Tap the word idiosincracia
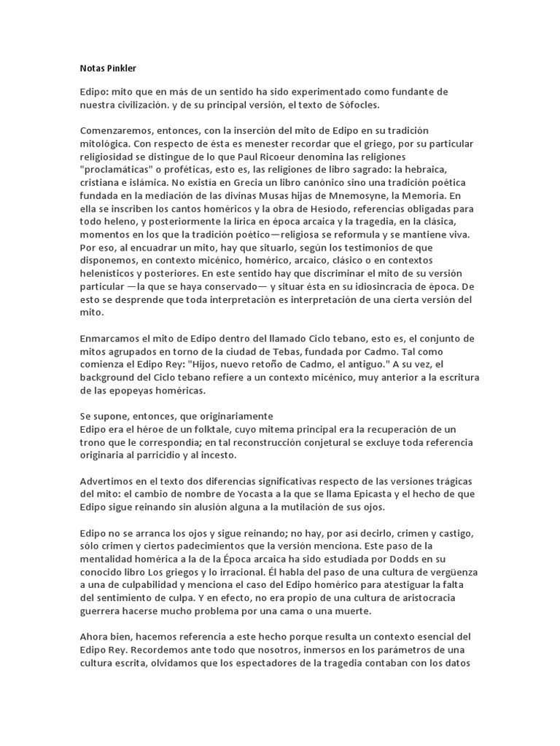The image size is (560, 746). click(x=359, y=288)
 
